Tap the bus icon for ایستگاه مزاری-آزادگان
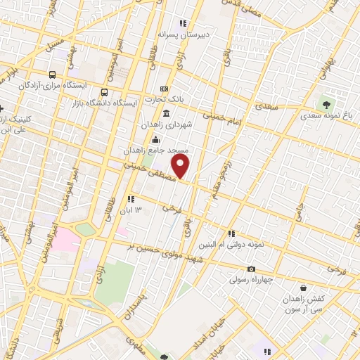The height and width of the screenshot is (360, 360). [52, 75]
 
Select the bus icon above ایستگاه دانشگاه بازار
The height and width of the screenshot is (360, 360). [105, 92]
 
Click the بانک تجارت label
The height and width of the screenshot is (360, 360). [188, 99]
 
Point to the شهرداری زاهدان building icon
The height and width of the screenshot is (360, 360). [165, 113]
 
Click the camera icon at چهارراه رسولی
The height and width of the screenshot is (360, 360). [251, 269]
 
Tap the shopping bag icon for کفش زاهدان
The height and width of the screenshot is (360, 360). [303, 288]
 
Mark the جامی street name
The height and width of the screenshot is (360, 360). [298, 209]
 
